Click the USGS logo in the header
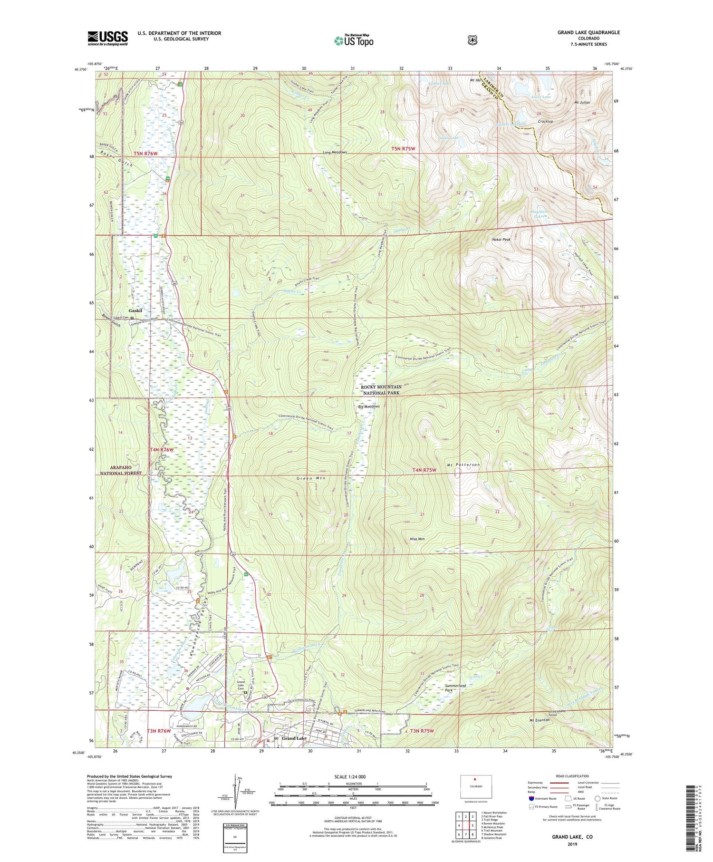107,38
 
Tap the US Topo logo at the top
354,40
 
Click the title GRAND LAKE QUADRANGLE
588,32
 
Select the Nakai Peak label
501,240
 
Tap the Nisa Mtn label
416,539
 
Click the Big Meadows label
368,407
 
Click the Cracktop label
545,121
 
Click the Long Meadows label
335,152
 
